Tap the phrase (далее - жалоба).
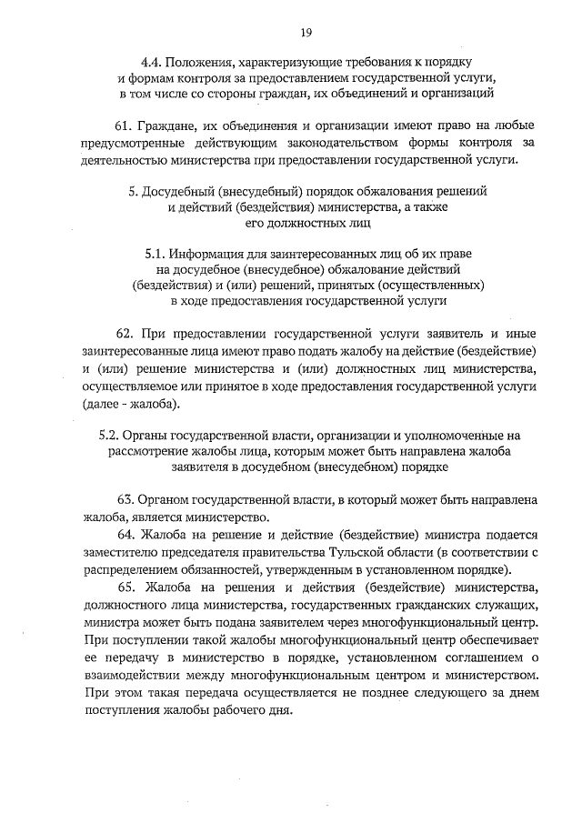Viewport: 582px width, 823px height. click(x=130, y=403)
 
